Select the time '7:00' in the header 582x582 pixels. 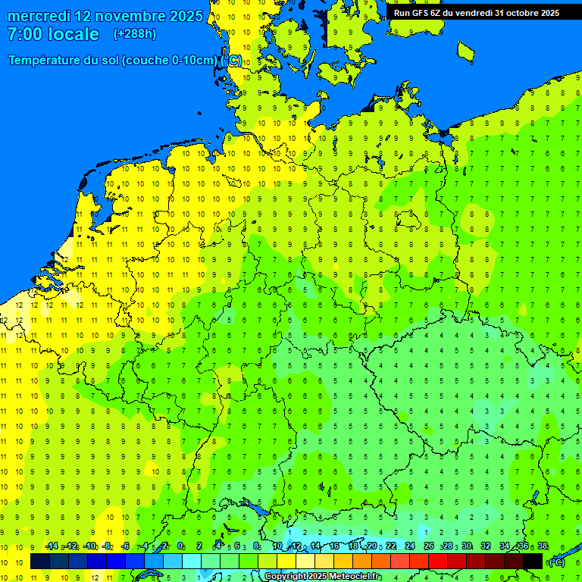tap(23, 34)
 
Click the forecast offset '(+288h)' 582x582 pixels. tap(135, 34)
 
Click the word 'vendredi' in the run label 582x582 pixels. tap(473, 13)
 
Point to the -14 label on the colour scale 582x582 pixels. tap(52, 546)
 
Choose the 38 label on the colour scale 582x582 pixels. tap(543, 546)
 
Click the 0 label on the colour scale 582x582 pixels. tap(180, 546)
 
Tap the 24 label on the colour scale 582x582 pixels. tap(410, 546)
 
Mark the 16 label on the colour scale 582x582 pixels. tap(334, 546)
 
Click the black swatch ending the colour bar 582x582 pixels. tap(533, 562)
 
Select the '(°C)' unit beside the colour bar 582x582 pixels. tap(557, 562)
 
